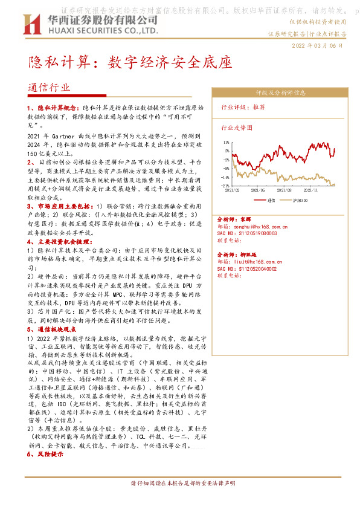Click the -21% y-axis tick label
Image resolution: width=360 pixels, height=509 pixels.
pyautogui.click(x=225, y=186)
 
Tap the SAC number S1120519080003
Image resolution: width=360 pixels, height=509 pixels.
pyautogui.click(x=247, y=233)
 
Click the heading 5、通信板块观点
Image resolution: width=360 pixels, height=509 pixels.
pyautogui.click(x=53, y=329)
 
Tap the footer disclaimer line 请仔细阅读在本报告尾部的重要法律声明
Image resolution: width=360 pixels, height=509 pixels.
pyautogui.click(x=179, y=501)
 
